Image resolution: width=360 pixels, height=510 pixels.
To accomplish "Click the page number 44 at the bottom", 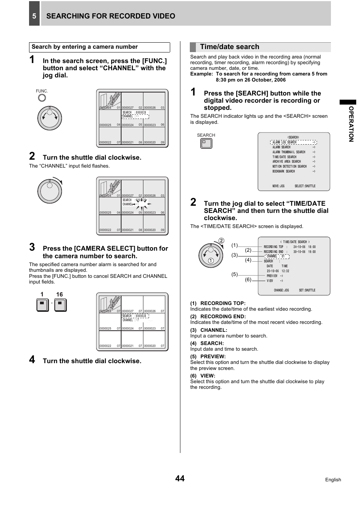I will [x=180, y=478].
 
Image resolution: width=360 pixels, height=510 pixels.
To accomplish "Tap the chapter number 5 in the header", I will [x=34, y=16].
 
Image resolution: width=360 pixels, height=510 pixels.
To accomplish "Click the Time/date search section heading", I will [x=229, y=47].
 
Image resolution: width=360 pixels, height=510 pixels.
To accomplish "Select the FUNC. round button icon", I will [x=42, y=98].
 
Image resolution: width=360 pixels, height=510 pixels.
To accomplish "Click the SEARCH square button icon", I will [x=206, y=143].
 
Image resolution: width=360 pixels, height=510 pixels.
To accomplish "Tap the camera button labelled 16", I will [x=60, y=305].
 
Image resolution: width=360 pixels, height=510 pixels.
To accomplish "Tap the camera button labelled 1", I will [x=43, y=305].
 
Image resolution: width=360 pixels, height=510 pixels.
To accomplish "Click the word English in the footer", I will [x=333, y=480].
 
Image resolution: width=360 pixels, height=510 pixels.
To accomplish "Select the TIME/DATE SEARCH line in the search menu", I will [x=285, y=157].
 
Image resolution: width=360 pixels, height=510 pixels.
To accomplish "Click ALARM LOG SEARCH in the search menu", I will [x=285, y=142].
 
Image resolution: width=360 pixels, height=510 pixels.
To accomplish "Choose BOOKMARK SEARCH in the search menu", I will [x=284, y=171].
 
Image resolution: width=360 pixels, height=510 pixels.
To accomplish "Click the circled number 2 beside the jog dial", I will [x=222, y=241].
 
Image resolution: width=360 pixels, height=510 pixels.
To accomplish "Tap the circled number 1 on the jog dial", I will [x=211, y=260].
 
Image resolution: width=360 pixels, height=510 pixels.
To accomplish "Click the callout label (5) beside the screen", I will [x=235, y=274].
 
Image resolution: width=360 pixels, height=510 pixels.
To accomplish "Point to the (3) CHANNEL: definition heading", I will [x=209, y=330].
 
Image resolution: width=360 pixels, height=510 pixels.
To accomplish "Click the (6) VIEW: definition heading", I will [x=203, y=376].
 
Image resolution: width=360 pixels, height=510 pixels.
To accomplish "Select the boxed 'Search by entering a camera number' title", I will [x=85, y=47].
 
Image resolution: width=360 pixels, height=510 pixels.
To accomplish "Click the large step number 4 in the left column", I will [x=32, y=360].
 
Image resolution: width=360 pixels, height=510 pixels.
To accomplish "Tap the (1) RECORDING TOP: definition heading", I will [x=218, y=303].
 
